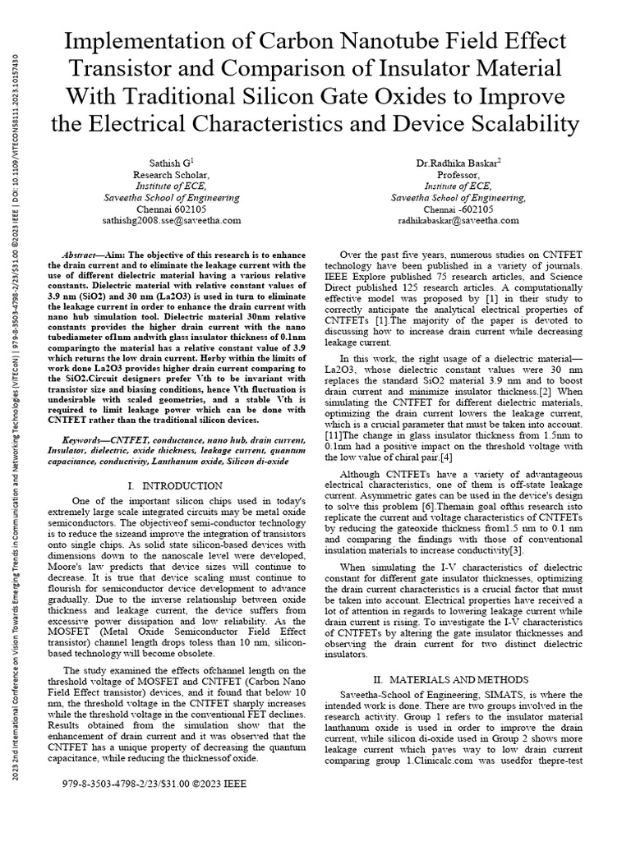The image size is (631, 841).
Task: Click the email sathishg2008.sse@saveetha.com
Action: point(171,220)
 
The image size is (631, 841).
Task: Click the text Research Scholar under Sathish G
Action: point(171,175)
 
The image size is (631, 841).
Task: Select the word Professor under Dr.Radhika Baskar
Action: point(458,175)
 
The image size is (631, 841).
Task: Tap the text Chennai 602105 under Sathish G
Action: point(171,209)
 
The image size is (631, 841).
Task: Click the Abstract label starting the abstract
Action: point(82,255)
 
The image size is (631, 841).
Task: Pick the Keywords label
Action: point(85,440)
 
